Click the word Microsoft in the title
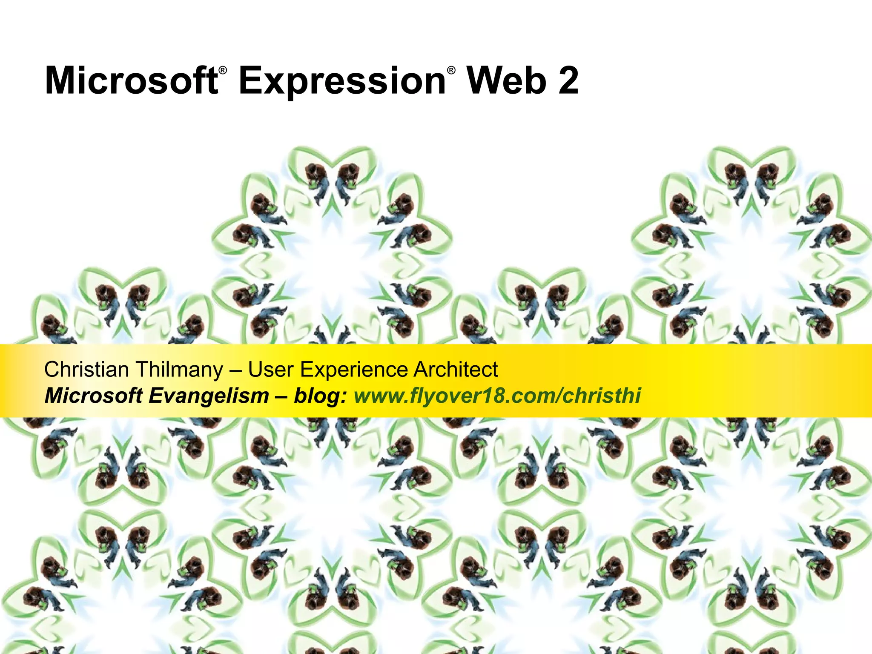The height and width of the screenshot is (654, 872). pos(131,81)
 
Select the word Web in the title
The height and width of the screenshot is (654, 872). pos(506,81)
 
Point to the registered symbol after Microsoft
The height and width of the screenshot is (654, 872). pos(223,71)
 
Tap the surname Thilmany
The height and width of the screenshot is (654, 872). pos(179,370)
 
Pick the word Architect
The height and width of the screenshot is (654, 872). pos(456,369)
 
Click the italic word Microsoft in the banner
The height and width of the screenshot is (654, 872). pos(94,396)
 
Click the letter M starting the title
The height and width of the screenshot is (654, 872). pos(59,81)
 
